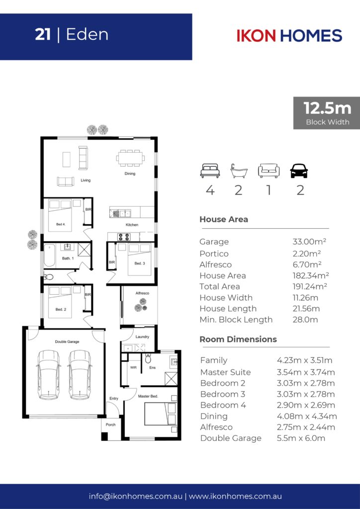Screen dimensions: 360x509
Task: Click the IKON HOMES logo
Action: point(289,35)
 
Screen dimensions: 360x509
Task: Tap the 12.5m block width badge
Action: point(327,113)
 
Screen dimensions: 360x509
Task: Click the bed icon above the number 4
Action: point(210,171)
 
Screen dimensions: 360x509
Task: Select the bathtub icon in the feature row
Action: point(239,171)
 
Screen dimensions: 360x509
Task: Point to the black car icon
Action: point(299,171)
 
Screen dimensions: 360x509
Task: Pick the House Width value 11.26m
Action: point(305,297)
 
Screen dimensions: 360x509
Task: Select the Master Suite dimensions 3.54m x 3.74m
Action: point(306,372)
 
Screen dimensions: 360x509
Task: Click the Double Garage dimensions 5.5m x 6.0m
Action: point(301,438)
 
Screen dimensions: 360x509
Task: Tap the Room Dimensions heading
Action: point(238,339)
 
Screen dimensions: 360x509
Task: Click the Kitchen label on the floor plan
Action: point(132,225)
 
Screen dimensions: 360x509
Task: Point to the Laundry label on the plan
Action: point(142,337)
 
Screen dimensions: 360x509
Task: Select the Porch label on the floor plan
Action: point(111,424)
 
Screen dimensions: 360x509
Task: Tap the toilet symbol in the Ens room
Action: point(148,358)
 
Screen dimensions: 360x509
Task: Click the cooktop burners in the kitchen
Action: point(124,237)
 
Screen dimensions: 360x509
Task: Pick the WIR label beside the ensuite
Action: point(133,368)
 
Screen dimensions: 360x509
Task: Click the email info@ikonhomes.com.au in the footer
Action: point(135,497)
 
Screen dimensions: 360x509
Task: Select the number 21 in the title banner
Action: point(43,35)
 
